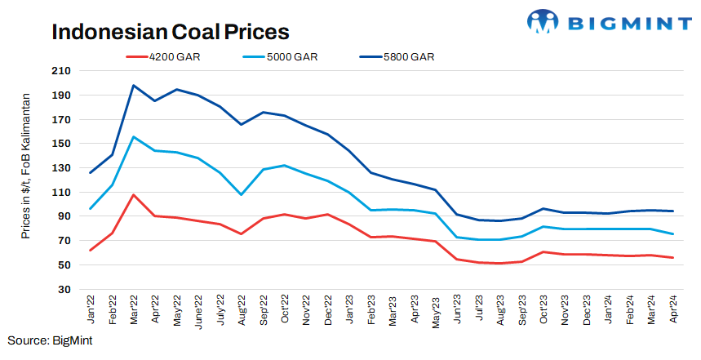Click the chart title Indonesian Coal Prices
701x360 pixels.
pyautogui.click(x=171, y=31)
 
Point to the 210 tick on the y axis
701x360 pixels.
pyautogui.click(x=60, y=71)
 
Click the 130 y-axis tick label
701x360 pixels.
pyautogui.click(x=60, y=168)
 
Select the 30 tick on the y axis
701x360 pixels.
pyautogui.click(x=64, y=289)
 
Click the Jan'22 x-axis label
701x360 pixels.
pyautogui.click(x=91, y=310)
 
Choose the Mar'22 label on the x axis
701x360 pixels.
pyautogui.click(x=134, y=310)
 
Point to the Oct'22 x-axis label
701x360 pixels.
pyautogui.click(x=283, y=310)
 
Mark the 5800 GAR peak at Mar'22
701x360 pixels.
pyautogui.click(x=133, y=85)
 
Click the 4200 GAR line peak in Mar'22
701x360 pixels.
pyautogui.click(x=133, y=195)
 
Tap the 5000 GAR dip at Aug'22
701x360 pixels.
pyautogui.click(x=240, y=194)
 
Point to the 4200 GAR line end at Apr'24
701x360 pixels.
pyautogui.click(x=672, y=258)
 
